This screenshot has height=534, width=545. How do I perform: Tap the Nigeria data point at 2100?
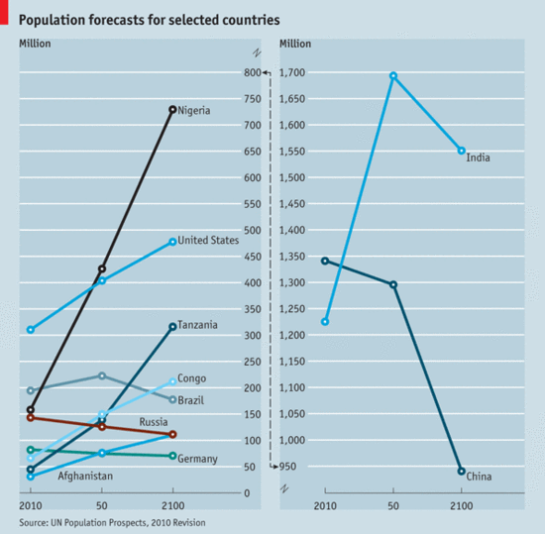[x=172, y=109]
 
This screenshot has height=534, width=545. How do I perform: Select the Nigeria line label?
[x=194, y=110]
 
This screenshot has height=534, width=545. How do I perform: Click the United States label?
[x=208, y=240]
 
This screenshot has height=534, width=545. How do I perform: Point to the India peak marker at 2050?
[x=393, y=75]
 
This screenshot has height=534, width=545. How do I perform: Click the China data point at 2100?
[x=461, y=471]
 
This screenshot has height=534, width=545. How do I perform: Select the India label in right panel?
[x=478, y=158]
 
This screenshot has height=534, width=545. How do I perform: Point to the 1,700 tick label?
[x=297, y=73]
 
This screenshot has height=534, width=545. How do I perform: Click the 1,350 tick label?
[x=297, y=257]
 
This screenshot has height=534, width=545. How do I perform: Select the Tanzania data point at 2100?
[x=172, y=327]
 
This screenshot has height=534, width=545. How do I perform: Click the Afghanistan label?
[x=84, y=477]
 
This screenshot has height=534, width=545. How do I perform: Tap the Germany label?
[x=197, y=459]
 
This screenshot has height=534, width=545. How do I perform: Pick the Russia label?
[x=153, y=422]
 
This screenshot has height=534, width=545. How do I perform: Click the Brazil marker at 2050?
[x=102, y=375]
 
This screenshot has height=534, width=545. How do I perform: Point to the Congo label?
[x=191, y=378]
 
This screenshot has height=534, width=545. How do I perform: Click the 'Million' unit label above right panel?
[x=296, y=44]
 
